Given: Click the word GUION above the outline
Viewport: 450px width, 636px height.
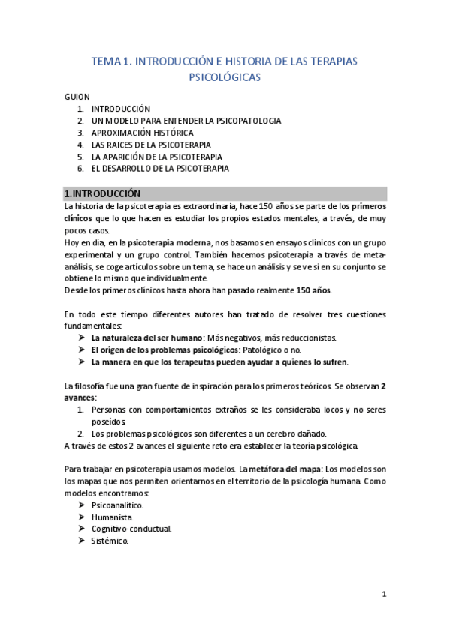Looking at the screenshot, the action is coord(77,97).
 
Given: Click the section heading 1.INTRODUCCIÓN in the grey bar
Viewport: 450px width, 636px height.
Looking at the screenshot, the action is coord(103,193).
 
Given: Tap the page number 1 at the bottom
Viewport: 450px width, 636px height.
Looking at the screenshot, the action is coord(383,595).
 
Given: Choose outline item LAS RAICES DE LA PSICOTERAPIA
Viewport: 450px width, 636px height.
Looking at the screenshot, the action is coord(151,145).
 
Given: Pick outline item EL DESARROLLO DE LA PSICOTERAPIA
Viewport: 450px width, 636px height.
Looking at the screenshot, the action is coord(160,169).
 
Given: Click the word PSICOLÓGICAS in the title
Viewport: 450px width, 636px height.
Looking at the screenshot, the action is coord(225,76).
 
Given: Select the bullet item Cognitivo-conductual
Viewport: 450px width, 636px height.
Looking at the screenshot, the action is coord(131,529).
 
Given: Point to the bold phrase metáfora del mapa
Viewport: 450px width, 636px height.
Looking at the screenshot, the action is coord(279,469).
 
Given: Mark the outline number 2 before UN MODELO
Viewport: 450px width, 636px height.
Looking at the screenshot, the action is coord(80,121).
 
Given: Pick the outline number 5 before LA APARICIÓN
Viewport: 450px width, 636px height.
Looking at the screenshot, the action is coord(80,157).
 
